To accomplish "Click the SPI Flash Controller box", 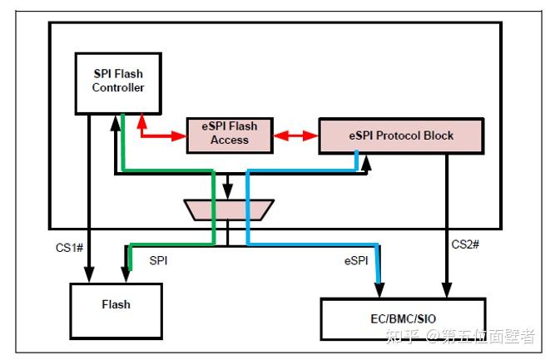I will (118, 81).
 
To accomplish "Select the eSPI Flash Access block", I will (230, 134).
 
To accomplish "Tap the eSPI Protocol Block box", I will (400, 136).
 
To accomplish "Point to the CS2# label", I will (465, 244).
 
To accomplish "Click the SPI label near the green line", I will (158, 259).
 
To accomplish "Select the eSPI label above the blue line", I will (356, 259).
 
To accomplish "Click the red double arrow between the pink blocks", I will (296, 134).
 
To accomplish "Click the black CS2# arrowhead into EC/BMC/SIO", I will (448, 290).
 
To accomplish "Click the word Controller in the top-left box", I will (118, 88).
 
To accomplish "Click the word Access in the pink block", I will (230, 141).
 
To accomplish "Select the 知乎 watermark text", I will (404, 337).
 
